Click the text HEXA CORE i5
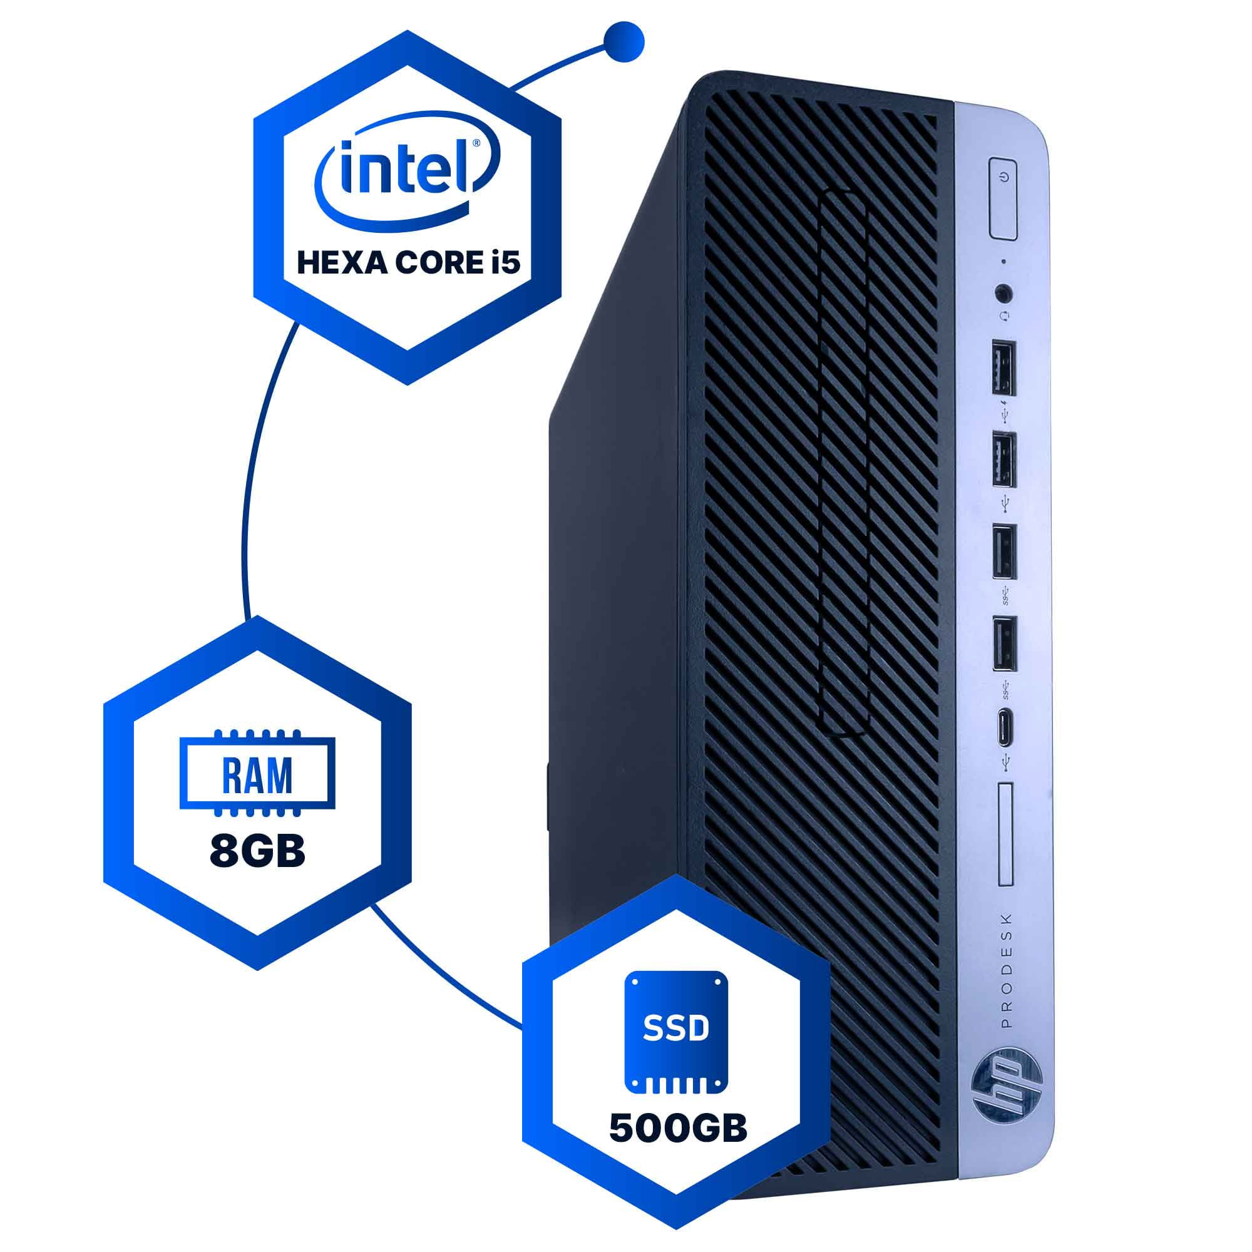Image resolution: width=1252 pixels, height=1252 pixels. coord(408,264)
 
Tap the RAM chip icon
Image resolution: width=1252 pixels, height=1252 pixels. coord(257,773)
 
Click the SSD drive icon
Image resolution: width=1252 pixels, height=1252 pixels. coord(676,1032)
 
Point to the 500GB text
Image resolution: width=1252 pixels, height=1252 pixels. coord(678,1128)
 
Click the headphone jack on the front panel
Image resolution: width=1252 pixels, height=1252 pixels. coord(1004,293)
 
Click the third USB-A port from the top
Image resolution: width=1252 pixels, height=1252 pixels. coord(1005,552)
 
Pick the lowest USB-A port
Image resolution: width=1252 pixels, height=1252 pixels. coord(1005,644)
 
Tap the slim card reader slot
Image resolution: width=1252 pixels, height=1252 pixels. coord(1005,834)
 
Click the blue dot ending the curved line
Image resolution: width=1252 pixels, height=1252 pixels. coord(623,41)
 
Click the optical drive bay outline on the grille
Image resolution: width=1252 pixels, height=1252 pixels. coord(843,463)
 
